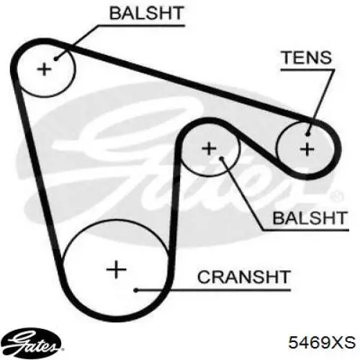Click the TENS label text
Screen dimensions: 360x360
307,58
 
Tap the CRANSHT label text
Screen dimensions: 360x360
244,276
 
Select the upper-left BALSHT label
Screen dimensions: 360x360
146,13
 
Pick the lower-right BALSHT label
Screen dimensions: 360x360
310,218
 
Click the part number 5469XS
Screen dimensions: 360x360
322,342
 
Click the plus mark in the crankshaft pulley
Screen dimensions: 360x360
117,269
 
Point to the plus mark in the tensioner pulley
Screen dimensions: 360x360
307,150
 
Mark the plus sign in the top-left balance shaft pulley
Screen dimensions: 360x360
44,69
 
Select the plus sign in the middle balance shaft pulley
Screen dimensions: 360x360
210,148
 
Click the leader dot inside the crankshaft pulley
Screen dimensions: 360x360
136,290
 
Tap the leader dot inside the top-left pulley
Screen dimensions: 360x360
55,58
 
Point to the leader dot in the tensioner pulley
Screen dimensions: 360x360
308,134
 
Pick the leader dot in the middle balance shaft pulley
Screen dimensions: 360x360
222,158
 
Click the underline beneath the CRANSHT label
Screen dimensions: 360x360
213,290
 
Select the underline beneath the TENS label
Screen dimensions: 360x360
307,70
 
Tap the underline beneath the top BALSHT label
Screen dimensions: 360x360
142,25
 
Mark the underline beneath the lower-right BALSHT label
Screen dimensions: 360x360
305,230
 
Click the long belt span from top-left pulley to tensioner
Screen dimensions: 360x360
187,82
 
